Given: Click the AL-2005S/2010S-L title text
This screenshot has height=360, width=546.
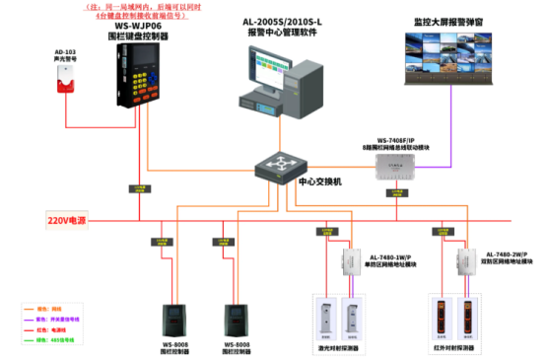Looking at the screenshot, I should click(277, 21).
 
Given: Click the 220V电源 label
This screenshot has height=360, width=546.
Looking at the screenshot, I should click(69, 219).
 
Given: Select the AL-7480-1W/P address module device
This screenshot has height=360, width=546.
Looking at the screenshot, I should click(350, 261).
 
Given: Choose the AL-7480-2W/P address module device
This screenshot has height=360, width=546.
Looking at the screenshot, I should click(463, 261).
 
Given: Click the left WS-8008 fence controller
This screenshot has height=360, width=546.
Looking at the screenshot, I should click(175, 320).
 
